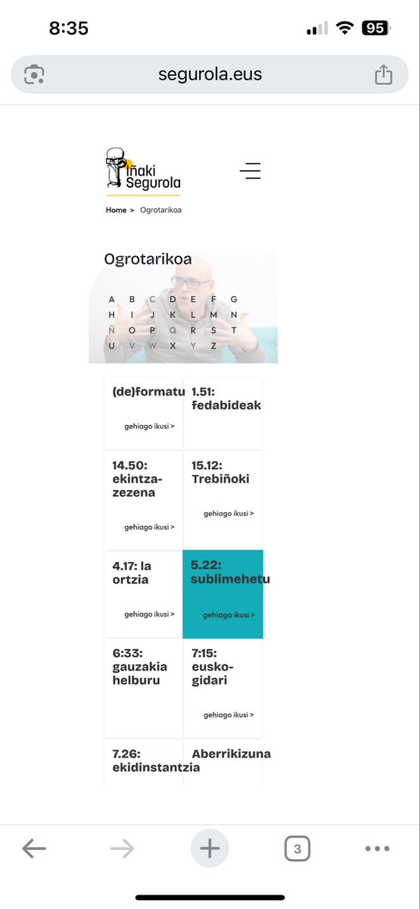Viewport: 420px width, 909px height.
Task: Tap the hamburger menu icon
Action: [250, 170]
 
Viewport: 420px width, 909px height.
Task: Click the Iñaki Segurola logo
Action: [143, 170]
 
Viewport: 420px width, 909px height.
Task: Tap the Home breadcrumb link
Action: [116, 210]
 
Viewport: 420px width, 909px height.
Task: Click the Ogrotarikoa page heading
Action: [148, 260]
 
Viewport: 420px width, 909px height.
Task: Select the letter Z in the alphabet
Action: [213, 345]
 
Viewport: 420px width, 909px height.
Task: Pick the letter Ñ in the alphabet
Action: [112, 330]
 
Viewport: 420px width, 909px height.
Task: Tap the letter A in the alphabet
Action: [112, 299]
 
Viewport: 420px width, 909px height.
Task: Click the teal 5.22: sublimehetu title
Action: [230, 572]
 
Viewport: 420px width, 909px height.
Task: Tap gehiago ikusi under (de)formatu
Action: [149, 426]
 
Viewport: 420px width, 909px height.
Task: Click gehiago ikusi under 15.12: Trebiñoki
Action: [229, 513]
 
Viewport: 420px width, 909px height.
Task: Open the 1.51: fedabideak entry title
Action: [226, 398]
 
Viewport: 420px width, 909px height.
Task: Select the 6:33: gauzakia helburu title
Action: [140, 667]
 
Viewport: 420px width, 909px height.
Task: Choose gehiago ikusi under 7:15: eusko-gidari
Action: [229, 714]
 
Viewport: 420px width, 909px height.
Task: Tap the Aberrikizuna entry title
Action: [231, 754]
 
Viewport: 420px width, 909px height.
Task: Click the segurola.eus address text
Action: [210, 74]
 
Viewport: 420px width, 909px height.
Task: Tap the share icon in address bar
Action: [384, 74]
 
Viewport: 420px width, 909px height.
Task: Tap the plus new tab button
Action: [210, 848]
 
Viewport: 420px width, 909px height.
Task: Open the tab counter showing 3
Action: [297, 848]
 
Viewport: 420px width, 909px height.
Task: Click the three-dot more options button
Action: [377, 848]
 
